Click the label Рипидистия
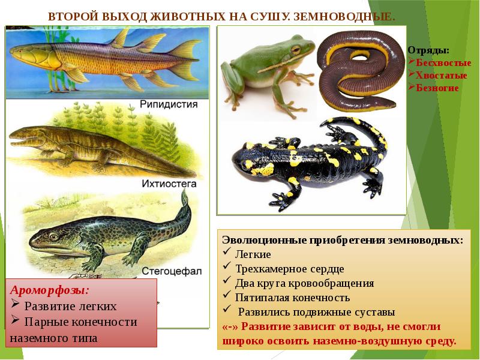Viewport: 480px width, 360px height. point(169,104)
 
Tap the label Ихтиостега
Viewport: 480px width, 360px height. point(169,184)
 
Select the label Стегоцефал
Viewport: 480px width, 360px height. point(172,271)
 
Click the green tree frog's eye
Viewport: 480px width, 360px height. point(296,49)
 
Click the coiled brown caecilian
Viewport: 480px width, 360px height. point(361,70)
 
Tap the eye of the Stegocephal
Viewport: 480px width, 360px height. point(53,236)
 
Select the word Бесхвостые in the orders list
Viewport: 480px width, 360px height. point(443,63)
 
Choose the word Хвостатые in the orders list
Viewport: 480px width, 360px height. point(441,76)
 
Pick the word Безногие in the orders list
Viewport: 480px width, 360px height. point(437,88)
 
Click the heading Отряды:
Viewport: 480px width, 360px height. point(428,50)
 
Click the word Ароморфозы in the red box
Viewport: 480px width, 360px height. point(48,290)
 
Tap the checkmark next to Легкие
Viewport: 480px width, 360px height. point(227,251)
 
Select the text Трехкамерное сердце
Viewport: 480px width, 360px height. point(290,269)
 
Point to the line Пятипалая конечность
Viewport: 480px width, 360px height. point(292,298)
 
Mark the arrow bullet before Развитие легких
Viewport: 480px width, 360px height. point(16,304)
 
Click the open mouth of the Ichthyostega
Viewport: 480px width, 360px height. point(23,142)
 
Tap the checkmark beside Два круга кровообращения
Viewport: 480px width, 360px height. point(227,280)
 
